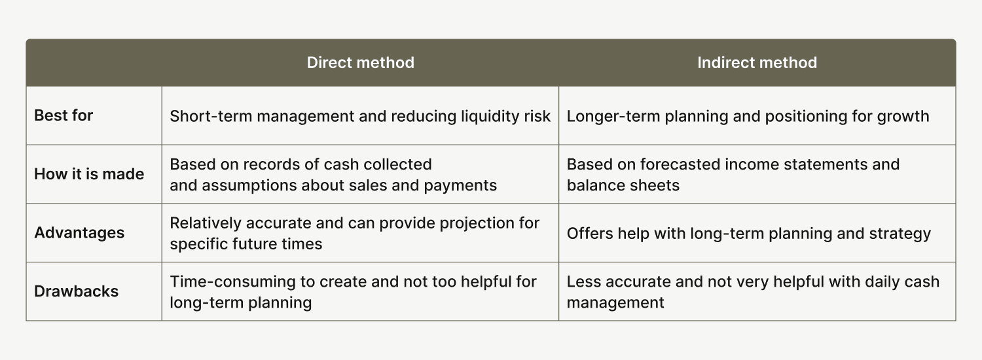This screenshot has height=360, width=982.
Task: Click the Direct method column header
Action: pos(360,63)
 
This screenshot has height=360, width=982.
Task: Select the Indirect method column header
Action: pos(757,63)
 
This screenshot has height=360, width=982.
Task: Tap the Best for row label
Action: pos(64,116)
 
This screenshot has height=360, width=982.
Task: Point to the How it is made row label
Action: pos(89,174)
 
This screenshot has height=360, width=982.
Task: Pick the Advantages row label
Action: pos(79,233)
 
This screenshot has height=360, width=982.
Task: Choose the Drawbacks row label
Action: pos(77,291)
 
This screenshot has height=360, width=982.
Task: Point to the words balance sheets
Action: pos(623,185)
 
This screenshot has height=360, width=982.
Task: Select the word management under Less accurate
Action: pos(615,303)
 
